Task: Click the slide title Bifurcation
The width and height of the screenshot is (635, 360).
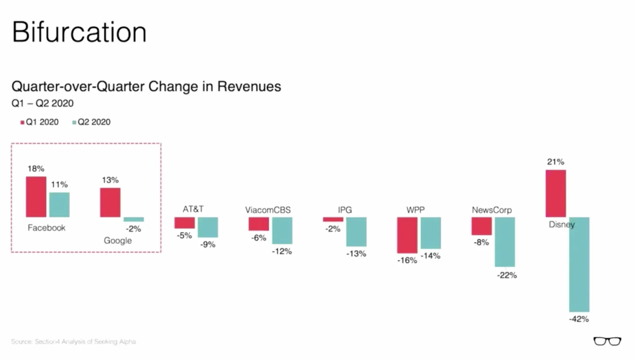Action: click(x=79, y=32)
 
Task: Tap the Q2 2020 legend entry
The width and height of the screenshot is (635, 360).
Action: click(x=91, y=122)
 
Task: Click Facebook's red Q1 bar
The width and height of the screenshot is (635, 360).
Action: click(x=36, y=197)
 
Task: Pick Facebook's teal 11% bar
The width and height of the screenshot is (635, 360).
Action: click(x=59, y=205)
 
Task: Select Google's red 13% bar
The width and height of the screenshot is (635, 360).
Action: click(x=110, y=203)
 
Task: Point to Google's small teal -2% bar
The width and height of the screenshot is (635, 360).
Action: click(x=133, y=219)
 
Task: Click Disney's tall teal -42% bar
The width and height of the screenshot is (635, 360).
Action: click(x=579, y=264)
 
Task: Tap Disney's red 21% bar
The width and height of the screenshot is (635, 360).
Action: click(x=556, y=193)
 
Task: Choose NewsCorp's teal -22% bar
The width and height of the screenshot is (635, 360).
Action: click(x=505, y=242)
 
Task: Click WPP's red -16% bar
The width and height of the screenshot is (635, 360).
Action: click(x=407, y=235)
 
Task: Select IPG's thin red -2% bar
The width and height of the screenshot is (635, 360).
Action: click(x=333, y=219)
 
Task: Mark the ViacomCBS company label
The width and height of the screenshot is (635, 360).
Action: click(x=268, y=210)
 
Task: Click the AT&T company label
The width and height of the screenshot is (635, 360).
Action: click(x=193, y=209)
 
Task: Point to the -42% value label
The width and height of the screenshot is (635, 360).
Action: click(x=578, y=319)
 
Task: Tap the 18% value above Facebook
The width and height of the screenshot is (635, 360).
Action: click(x=36, y=169)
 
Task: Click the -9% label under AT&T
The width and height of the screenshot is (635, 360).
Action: click(x=207, y=244)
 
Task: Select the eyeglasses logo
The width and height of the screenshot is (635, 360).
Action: click(x=607, y=341)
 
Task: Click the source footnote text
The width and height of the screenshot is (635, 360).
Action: click(x=73, y=341)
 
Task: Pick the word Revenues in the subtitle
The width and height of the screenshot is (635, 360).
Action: click(x=249, y=86)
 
